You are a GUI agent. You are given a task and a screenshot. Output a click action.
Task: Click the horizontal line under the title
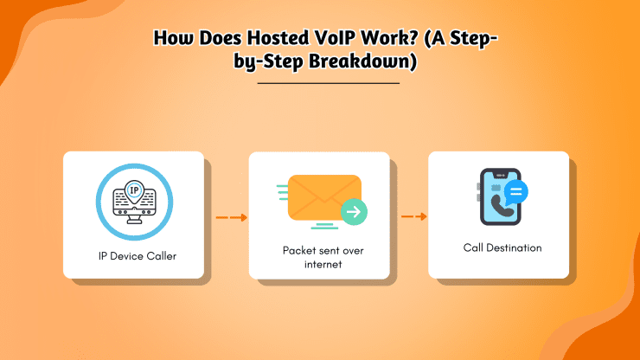pyautogui.click(x=329, y=83)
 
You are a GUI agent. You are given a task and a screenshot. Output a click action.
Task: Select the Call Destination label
pyautogui.click(x=502, y=247)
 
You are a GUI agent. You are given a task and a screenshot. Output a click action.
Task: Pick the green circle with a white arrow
pyautogui.click(x=353, y=211)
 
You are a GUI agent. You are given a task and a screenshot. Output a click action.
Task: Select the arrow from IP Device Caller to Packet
pyautogui.click(x=231, y=218)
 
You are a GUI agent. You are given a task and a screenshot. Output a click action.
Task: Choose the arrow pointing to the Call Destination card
pyautogui.click(x=414, y=217)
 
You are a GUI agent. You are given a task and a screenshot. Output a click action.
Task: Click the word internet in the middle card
pyautogui.click(x=318, y=264)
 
